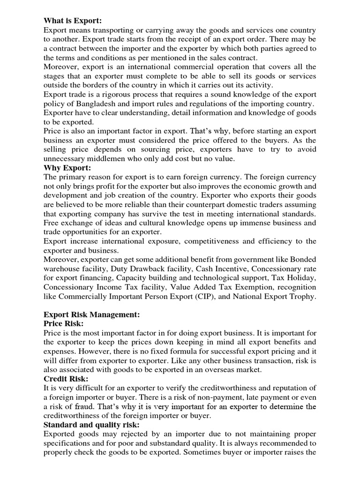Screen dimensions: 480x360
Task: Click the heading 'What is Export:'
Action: coord(72,21)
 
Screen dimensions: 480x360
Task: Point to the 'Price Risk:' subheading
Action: coord(64,324)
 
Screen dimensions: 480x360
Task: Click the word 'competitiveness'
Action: coord(213,241)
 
